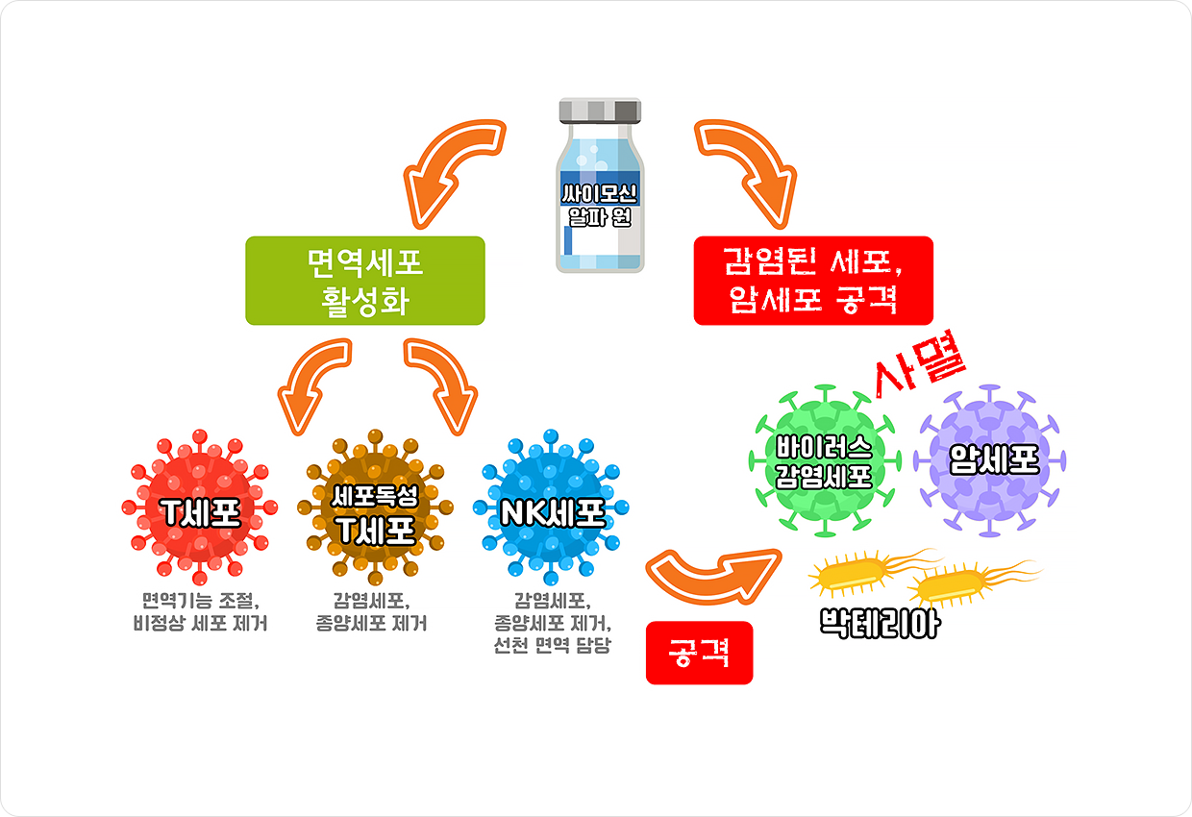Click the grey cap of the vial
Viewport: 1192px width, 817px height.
click(600, 111)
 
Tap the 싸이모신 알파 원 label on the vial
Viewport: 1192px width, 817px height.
click(600, 206)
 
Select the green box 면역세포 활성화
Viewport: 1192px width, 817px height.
click(365, 281)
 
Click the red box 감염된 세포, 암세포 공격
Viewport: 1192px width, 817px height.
click(813, 281)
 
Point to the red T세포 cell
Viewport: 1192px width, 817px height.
click(200, 508)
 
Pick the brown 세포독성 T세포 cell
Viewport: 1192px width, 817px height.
click(375, 508)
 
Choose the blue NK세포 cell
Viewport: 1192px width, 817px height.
click(551, 508)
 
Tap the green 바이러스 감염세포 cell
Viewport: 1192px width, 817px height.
click(825, 461)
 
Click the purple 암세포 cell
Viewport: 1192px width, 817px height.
click(990, 461)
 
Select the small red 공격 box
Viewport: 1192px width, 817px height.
click(699, 653)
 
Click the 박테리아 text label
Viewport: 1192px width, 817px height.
click(880, 623)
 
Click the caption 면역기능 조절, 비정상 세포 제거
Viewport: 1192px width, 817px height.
click(200, 612)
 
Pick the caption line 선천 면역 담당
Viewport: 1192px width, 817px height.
click(552, 645)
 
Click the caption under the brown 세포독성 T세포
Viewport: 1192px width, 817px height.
click(371, 612)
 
